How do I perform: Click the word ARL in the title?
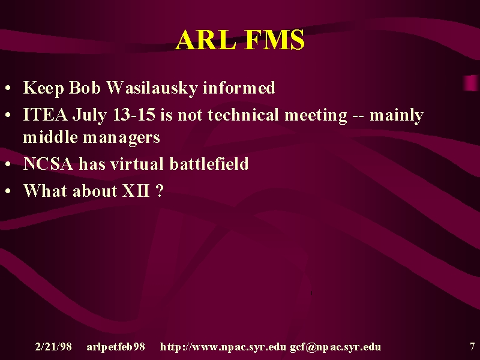tap(206, 40)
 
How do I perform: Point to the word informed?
tap(239, 88)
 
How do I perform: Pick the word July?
tap(89, 116)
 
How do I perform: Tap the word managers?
tap(122, 138)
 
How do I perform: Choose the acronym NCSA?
tap(49, 164)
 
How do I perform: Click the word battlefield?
tap(209, 164)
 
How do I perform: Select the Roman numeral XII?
tap(136, 191)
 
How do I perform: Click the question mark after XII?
tap(160, 191)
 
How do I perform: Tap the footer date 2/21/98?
tap(53, 347)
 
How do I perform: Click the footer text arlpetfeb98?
tap(116, 347)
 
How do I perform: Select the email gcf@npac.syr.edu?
tap(335, 347)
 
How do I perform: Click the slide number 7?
tap(472, 347)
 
